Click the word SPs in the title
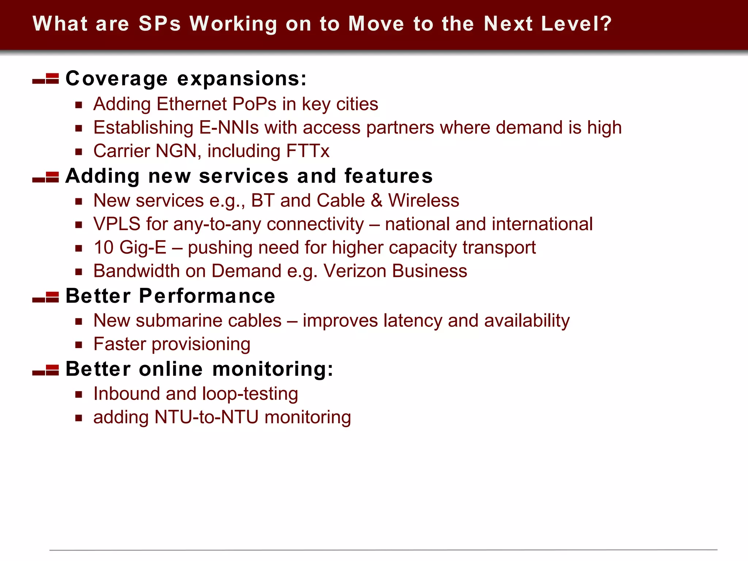[160, 24]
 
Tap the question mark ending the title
[605, 24]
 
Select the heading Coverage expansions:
[186, 79]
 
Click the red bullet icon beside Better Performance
[46, 297]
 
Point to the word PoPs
[254, 104]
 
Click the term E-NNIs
[229, 128]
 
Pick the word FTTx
[308, 151]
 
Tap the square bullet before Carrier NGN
[79, 152]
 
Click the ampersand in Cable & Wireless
[376, 201]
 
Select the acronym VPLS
[117, 224]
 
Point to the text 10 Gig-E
[130, 248]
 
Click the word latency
[413, 321]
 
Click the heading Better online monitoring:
[199, 369]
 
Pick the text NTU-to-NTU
[206, 417]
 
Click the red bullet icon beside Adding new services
[46, 177]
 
